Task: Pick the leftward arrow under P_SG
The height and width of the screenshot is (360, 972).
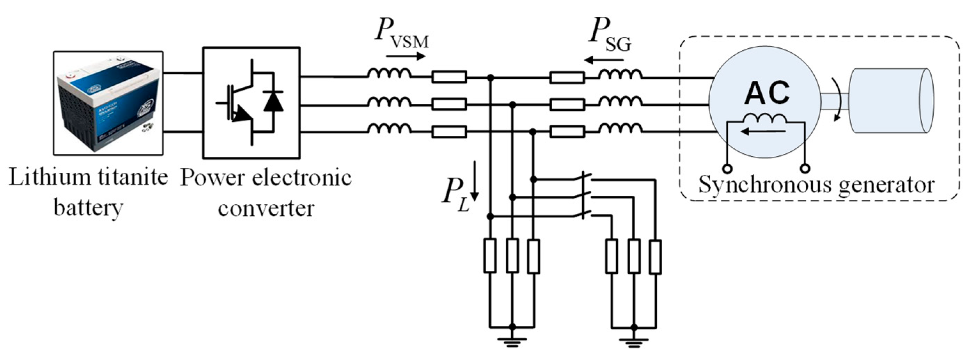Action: [x=604, y=60]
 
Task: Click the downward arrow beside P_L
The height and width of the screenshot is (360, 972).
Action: [x=475, y=181]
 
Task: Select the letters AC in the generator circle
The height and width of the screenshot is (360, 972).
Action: [x=766, y=93]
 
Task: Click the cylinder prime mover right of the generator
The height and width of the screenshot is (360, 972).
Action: [x=891, y=101]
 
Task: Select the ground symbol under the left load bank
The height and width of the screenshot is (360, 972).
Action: [x=512, y=342]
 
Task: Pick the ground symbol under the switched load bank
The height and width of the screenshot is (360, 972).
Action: [x=634, y=342]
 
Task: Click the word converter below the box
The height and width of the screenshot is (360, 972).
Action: [x=266, y=208]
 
